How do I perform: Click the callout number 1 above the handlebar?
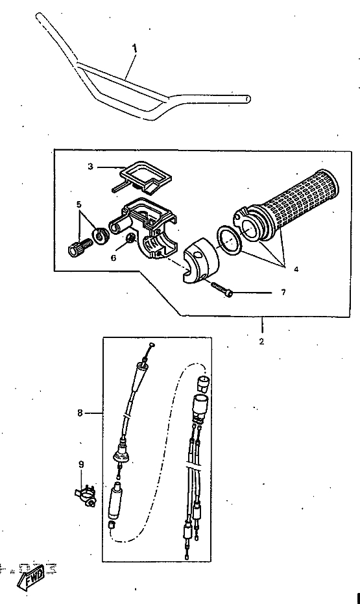coord(134,48)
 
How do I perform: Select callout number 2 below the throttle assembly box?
coord(261,341)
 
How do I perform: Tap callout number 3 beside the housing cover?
coord(90,167)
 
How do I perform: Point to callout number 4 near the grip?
coord(296,269)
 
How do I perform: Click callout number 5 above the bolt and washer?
coord(79,204)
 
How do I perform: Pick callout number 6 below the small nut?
coord(114,258)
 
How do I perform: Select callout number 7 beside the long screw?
coord(283,293)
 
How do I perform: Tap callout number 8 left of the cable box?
coord(80,413)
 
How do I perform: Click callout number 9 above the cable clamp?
coord(81,465)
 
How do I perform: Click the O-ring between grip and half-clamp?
coord(230,240)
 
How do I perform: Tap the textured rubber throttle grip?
coord(287,207)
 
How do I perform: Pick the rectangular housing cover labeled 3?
coord(143,177)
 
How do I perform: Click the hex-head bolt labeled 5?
coord(80,247)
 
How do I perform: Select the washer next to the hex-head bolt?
coord(101,236)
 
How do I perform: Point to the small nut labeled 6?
coord(131,238)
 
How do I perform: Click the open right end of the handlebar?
coord(248,99)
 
